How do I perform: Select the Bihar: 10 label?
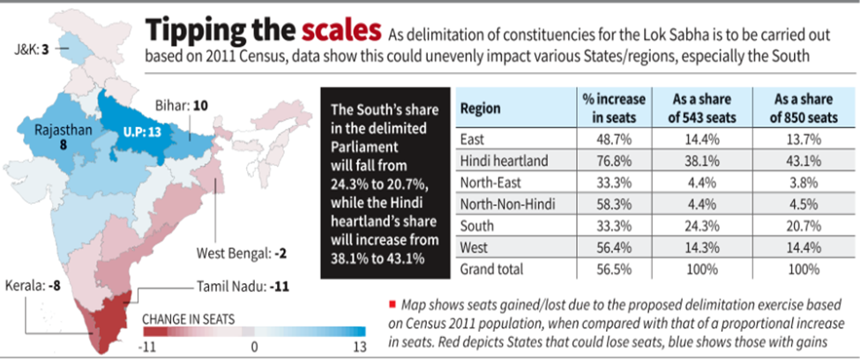click(186, 106)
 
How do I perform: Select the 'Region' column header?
click(480, 109)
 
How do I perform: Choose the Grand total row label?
click(492, 269)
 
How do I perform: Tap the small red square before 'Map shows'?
click(389, 302)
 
